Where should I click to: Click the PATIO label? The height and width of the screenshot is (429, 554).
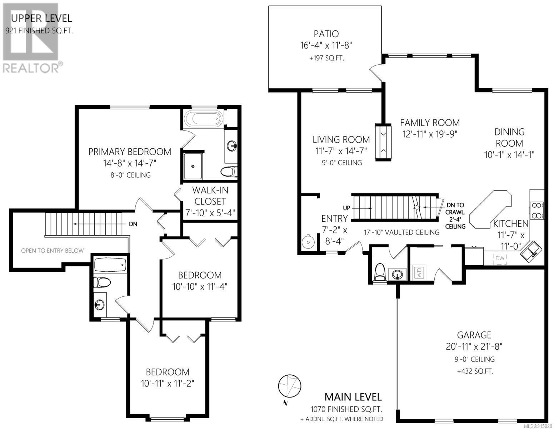[326, 34]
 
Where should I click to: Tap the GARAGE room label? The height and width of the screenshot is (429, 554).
[474, 335]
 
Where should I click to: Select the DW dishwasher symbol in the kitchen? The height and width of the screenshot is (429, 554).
[500, 258]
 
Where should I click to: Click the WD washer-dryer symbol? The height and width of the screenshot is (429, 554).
[419, 272]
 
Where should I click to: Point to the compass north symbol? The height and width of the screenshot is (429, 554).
[289, 386]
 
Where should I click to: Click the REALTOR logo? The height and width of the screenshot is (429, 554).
[31, 38]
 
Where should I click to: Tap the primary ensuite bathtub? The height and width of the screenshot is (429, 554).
[204, 119]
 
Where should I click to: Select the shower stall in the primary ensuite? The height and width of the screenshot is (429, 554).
[193, 166]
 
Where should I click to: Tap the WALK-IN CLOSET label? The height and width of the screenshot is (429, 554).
[210, 196]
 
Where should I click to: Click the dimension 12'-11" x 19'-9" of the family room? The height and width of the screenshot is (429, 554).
[430, 134]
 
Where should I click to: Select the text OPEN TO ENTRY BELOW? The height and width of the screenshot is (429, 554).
[52, 251]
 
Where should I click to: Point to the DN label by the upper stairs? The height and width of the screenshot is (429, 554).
[133, 224]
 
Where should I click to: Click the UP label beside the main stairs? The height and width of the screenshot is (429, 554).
[346, 208]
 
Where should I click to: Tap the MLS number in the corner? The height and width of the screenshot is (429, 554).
[538, 426]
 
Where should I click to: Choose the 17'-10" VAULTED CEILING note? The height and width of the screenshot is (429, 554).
[401, 232]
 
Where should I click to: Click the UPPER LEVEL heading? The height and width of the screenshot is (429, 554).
[41, 18]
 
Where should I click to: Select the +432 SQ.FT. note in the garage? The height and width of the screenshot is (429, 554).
[475, 371]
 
